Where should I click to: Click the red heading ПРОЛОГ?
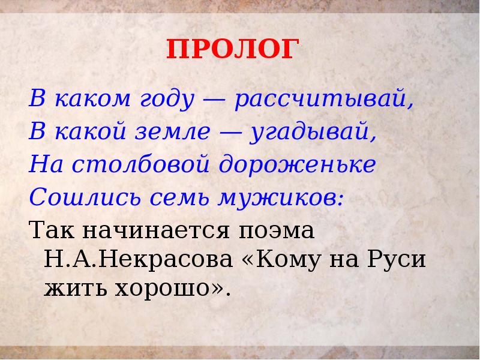[231, 50]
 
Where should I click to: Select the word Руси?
[398, 260]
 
